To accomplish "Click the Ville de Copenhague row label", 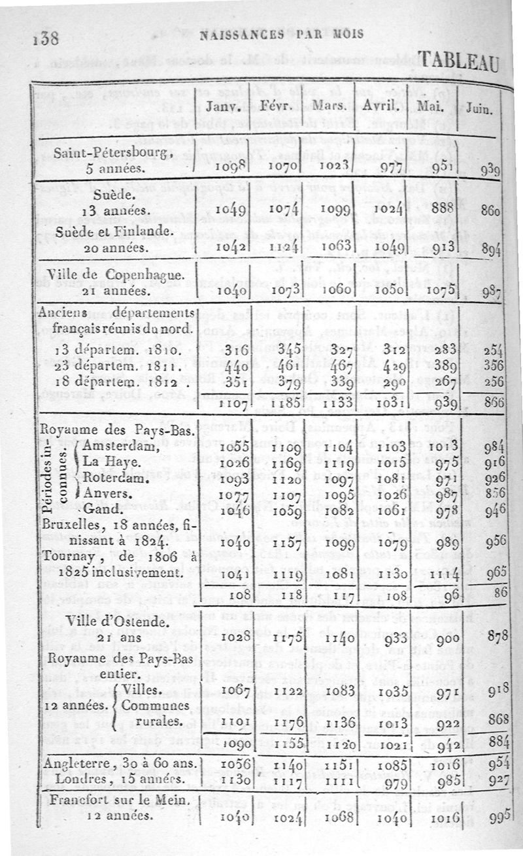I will pos(117,274).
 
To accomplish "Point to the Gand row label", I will pos(102,508).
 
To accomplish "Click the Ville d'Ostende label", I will pos(116,621).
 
